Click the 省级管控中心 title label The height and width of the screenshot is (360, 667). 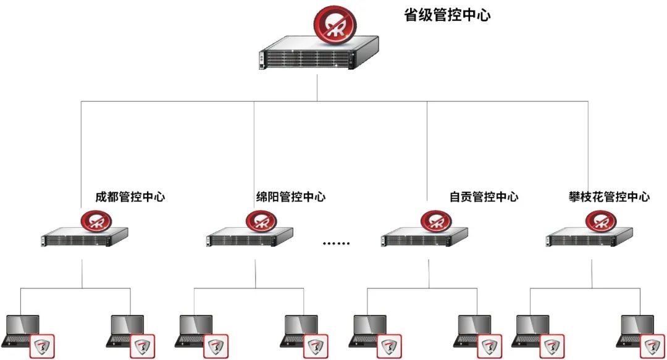point(447,15)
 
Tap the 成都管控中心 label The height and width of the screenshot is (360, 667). point(130,198)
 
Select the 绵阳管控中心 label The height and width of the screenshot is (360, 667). point(291,198)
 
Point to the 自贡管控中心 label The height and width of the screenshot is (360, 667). point(484,198)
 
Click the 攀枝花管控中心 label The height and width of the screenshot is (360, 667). point(609,198)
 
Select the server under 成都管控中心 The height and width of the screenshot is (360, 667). point(84,238)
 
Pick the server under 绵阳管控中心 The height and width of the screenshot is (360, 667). point(249,238)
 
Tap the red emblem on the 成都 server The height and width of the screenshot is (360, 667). point(97,221)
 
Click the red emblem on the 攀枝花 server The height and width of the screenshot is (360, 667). point(601,221)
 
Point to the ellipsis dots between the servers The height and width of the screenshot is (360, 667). point(337,243)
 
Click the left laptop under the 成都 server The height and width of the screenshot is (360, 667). point(22,330)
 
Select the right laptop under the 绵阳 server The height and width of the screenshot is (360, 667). point(301,330)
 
